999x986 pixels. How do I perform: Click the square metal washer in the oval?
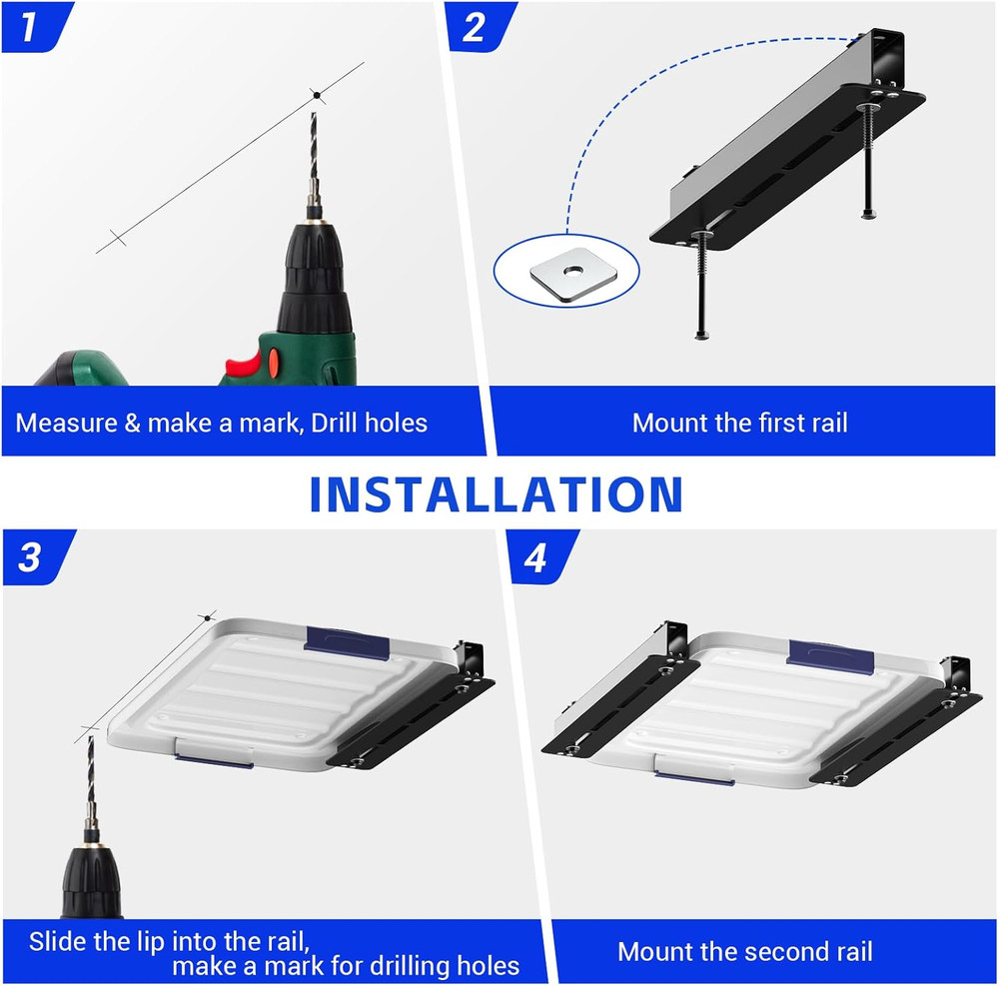pos(567,273)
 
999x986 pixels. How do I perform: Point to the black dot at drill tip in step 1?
pos(317,96)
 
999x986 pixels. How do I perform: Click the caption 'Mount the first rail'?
pos(739,423)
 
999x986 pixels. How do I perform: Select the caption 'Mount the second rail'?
pos(744,951)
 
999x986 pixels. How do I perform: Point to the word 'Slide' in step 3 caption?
pos(55,941)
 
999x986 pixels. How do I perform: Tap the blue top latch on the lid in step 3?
pos(347,642)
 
